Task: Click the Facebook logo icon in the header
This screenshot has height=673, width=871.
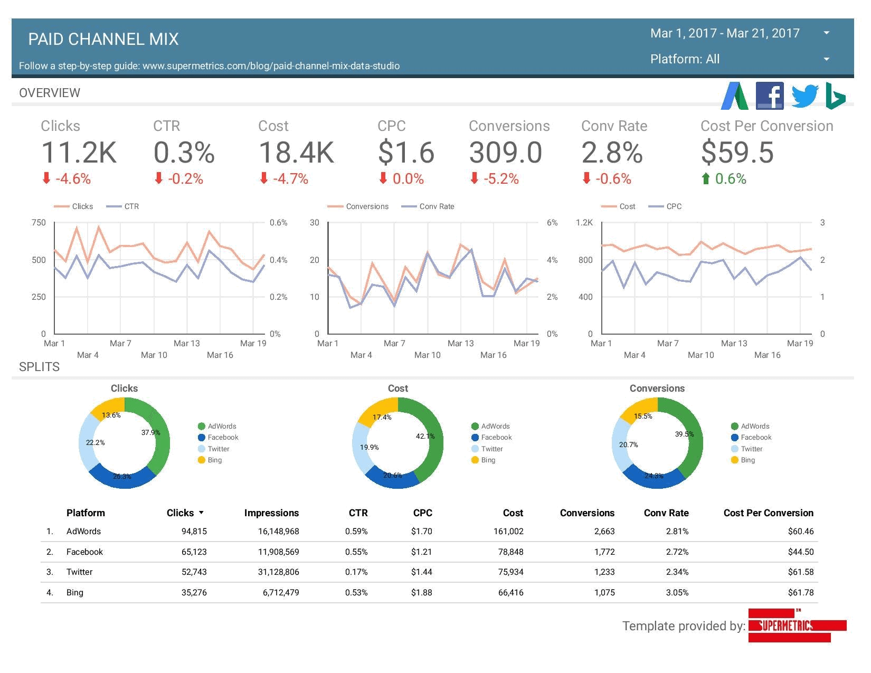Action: [769, 96]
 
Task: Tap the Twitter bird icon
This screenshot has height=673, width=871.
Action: [804, 96]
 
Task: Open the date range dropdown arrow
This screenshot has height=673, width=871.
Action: [826, 33]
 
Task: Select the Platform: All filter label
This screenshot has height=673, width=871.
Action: [685, 59]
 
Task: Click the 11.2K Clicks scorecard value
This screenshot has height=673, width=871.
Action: [79, 153]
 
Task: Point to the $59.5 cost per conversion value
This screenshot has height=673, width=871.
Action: [737, 153]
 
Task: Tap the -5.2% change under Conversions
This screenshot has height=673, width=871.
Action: [501, 179]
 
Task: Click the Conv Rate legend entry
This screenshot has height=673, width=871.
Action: [436, 206]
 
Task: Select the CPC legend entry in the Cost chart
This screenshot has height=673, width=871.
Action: [674, 206]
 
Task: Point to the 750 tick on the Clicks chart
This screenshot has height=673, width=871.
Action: [39, 223]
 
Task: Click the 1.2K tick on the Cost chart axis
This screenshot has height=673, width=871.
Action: [584, 223]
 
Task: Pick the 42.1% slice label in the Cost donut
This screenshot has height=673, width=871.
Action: [425, 436]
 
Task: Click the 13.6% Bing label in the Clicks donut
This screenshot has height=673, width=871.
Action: [111, 415]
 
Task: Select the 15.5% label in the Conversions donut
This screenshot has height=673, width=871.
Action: [642, 416]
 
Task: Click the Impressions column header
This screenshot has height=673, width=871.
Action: [271, 513]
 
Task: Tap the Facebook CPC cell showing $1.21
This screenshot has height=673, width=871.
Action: [421, 552]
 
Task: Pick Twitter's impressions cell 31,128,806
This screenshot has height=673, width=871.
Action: [278, 572]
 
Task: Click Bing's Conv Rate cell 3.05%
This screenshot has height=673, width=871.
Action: [677, 592]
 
